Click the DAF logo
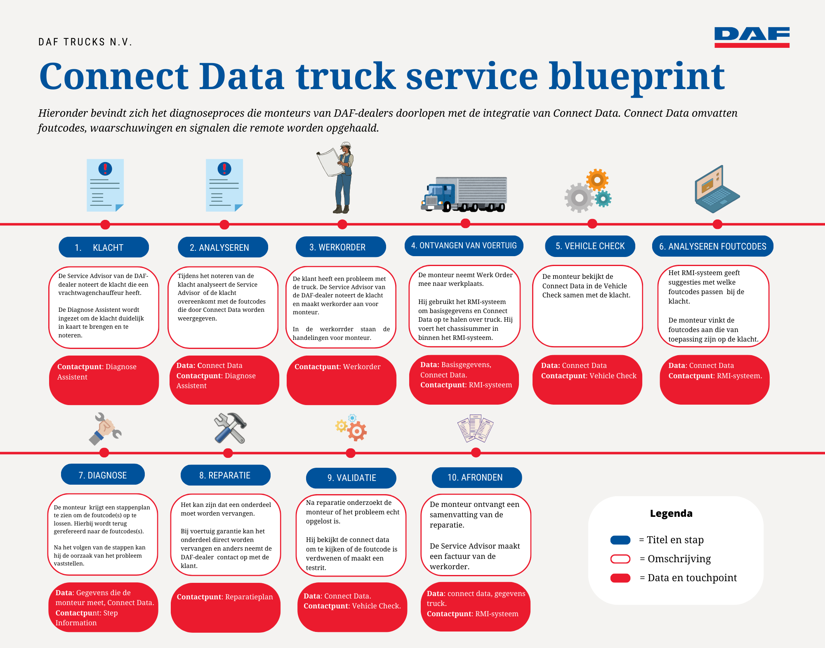(752, 37)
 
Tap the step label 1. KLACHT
(104, 247)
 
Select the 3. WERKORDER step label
(340, 247)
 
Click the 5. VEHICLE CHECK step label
(590, 246)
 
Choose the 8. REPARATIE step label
(225, 475)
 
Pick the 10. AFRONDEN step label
(476, 477)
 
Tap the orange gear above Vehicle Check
(597, 179)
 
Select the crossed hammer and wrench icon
(230, 428)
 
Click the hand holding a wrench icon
(105, 429)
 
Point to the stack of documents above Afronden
(475, 428)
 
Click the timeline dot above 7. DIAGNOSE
(104, 452)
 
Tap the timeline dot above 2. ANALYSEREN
(224, 224)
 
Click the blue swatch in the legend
(620, 540)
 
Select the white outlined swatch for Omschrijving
(620, 559)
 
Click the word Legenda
(671, 514)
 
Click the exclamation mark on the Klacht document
(105, 168)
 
